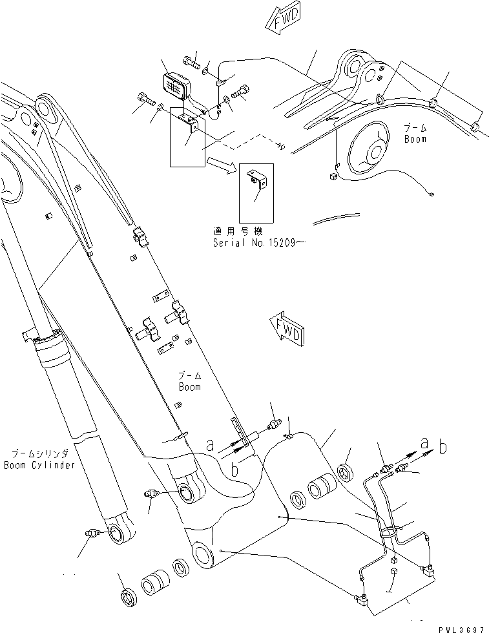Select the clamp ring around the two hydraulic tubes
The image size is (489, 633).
coord(390,531)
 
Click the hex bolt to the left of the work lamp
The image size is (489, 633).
coord(145,99)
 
